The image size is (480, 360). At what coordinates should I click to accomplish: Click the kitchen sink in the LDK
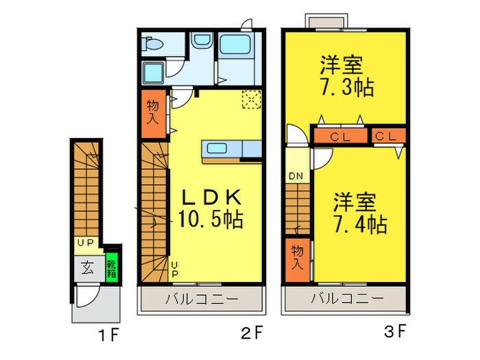221,149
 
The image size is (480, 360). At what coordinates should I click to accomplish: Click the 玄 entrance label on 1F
89,266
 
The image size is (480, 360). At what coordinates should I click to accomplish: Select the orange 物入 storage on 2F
153,111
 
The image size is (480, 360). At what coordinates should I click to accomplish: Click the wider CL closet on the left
340,136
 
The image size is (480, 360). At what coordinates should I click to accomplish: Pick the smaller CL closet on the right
387,136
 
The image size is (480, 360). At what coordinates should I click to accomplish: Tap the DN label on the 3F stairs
296,176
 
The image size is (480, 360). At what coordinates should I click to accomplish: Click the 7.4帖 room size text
359,224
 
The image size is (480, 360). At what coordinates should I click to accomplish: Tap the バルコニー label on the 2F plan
202,299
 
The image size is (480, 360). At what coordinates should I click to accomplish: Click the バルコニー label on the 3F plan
347,299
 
